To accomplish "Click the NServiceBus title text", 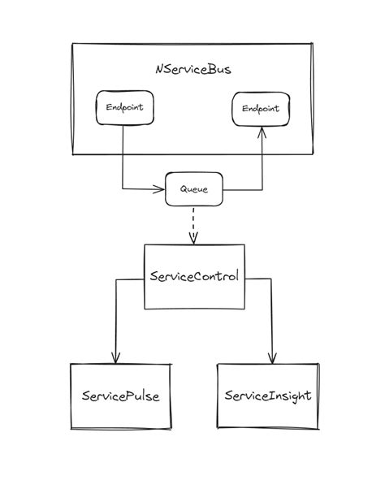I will click(x=192, y=69).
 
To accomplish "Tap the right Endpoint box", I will click(x=261, y=108).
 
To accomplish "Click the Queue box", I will click(x=193, y=190).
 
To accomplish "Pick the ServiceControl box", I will click(x=194, y=276).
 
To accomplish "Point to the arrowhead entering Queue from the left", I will click(x=160, y=190).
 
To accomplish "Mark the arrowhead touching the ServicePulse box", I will click(x=115, y=358).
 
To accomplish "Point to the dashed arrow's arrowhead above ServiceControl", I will click(x=193, y=239).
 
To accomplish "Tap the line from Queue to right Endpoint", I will click(x=261, y=166).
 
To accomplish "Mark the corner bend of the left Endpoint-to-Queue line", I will click(x=123, y=190).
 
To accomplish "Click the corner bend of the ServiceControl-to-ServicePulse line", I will click(x=115, y=280).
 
